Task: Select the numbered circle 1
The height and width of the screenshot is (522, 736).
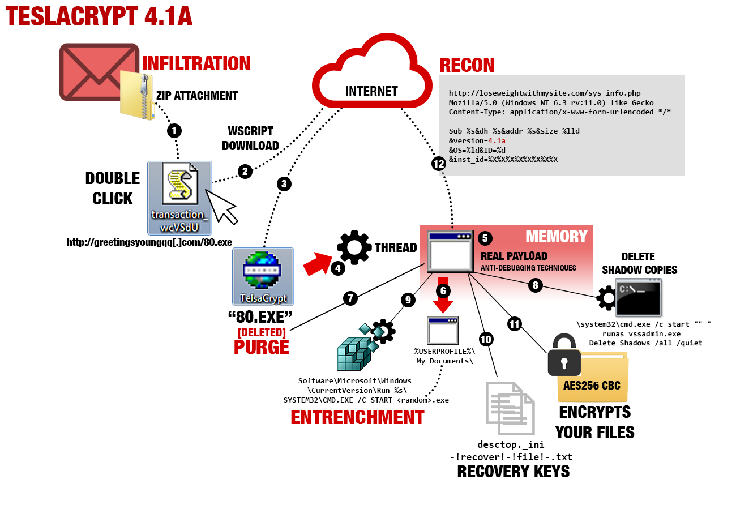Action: point(175,131)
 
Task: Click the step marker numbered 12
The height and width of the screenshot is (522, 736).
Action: point(438,164)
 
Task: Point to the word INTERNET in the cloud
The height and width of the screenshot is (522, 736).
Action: point(371,91)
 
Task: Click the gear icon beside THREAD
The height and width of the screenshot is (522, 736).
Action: point(354,248)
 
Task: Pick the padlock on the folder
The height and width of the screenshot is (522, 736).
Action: point(564,356)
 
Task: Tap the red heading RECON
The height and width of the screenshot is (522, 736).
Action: point(467,65)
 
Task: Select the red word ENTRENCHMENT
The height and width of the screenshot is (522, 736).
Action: point(357,418)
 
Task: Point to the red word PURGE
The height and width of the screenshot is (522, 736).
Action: point(262,346)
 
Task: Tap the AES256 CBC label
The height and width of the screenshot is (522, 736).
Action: point(592,386)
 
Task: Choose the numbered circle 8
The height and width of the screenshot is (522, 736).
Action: point(535,285)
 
